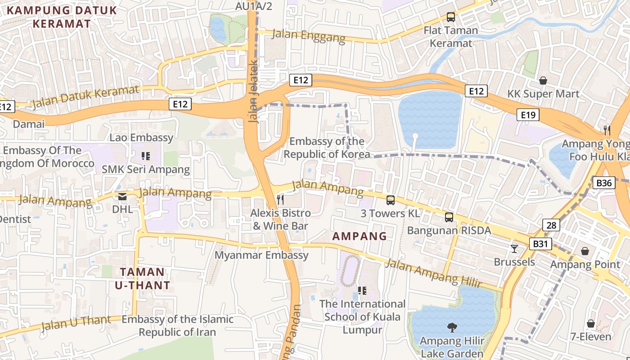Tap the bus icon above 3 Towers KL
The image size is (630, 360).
tap(391, 200)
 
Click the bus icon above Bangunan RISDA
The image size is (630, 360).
tap(449, 217)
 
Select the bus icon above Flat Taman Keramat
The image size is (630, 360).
tap(450, 17)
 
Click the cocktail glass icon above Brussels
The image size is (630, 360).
tap(514, 248)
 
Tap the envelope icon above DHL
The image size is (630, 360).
tap(122, 196)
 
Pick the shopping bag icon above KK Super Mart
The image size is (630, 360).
tap(543, 81)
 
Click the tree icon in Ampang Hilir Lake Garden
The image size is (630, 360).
tap(452, 327)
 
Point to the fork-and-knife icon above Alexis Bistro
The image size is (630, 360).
tap(280, 199)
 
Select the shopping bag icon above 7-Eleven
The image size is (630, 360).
tap(591, 324)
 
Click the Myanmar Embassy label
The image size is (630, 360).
tap(261, 255)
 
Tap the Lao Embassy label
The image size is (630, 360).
tap(141, 138)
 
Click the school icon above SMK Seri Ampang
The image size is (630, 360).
tap(145, 156)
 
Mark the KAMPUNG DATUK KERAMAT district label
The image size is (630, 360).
tap(62, 17)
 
